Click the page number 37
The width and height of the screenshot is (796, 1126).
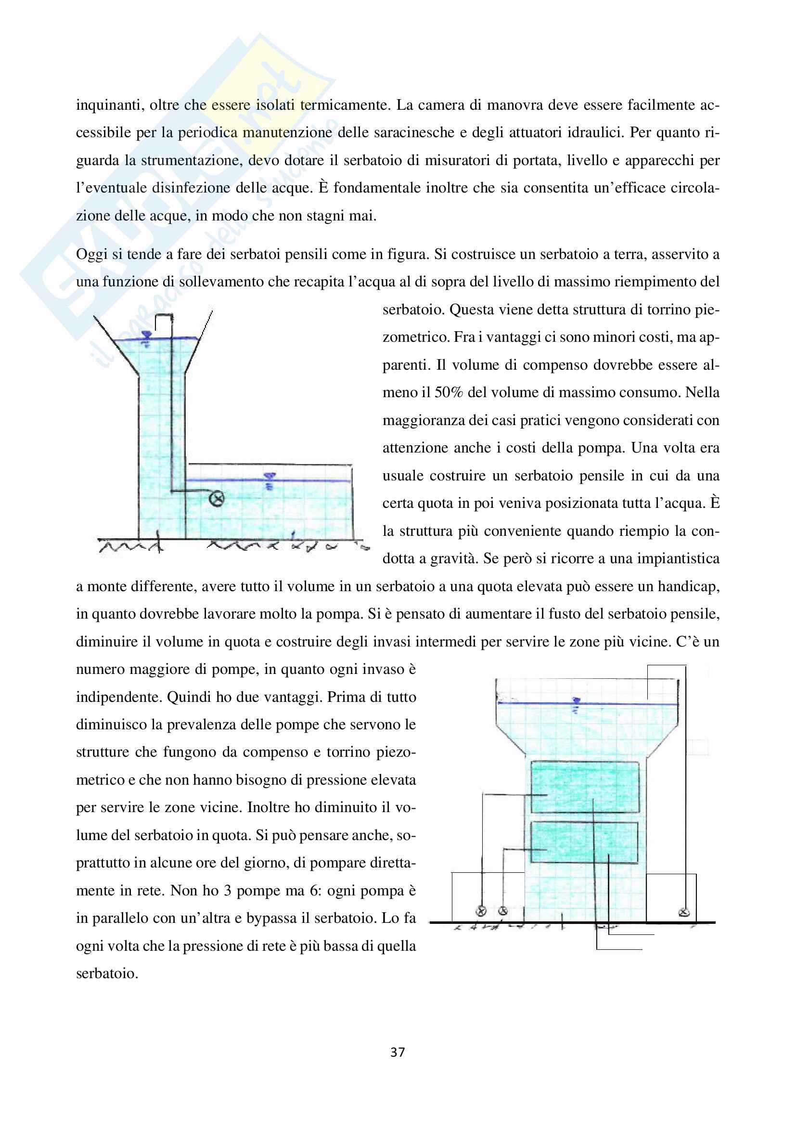pos(398,1052)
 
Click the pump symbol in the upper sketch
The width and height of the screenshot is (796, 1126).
pos(216,499)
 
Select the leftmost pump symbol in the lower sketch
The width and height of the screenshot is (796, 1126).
pos(481,911)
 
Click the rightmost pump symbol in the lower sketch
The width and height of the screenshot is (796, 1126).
pos(684,912)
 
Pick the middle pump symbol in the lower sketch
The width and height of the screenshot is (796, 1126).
pos(503,911)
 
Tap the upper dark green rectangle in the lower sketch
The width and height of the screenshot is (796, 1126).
pos(585,787)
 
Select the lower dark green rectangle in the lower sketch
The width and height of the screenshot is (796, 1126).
pos(584,842)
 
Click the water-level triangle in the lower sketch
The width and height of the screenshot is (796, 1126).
pos(577,701)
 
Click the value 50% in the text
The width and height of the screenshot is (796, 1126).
pos(449,392)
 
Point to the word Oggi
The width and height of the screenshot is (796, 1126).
pos(91,254)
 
